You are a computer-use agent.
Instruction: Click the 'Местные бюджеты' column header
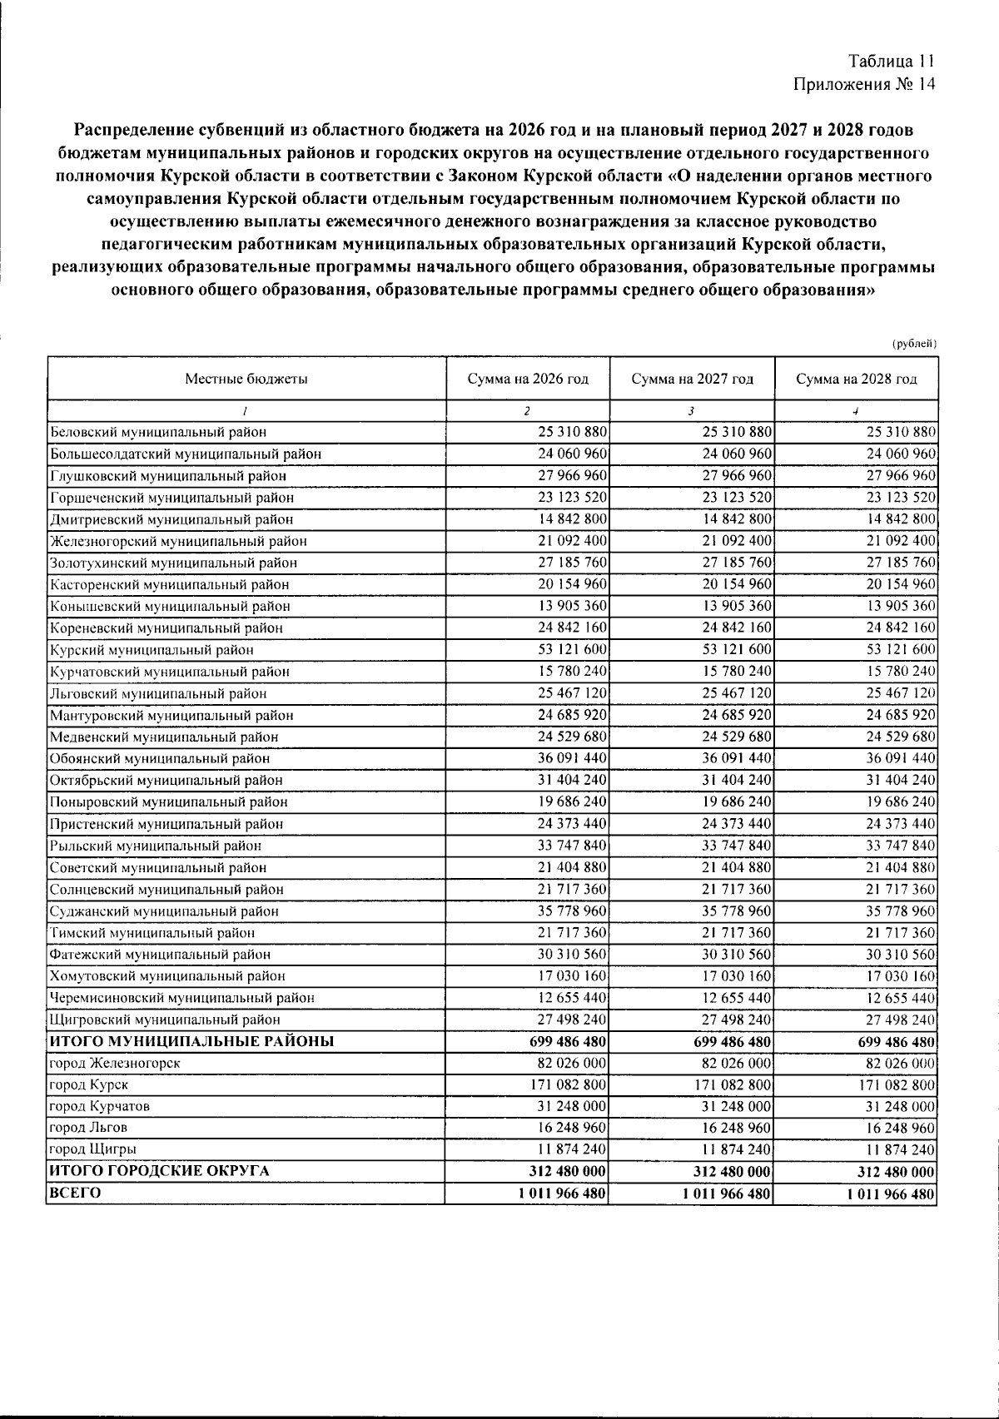[246, 380]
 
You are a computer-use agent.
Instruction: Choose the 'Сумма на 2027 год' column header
[692, 380]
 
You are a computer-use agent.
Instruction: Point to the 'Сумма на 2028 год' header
[856, 380]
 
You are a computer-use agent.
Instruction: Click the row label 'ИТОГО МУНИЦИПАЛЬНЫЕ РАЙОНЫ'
[192, 1041]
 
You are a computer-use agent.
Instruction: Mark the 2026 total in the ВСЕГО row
[562, 1193]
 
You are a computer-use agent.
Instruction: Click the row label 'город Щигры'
[92, 1149]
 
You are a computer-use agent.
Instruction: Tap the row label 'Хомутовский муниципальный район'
[167, 976]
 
